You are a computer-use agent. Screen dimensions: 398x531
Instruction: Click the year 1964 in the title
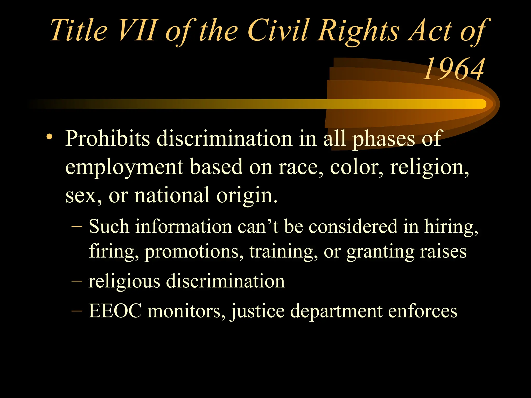(454, 69)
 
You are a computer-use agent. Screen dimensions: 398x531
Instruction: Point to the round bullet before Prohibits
(49, 137)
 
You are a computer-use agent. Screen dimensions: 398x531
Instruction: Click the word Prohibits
(108, 139)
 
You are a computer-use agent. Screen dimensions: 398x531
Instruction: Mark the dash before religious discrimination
(77, 281)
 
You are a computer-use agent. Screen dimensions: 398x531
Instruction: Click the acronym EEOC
(115, 311)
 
